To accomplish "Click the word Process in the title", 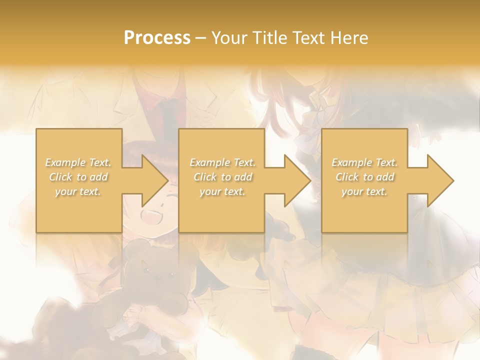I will pos(157,38).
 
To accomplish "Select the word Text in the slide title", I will pos(309,38).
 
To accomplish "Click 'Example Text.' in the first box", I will pos(78,162).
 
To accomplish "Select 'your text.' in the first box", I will pos(78,191).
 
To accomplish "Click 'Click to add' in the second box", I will pos(222,177).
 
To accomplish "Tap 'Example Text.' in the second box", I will pos(222,162).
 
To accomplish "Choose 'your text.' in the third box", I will pos(364,191).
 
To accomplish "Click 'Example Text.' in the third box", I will pos(364,162).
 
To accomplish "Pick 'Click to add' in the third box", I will pos(364,177).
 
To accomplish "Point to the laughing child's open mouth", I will pos(150,216).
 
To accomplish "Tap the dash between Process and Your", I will pos(201,38).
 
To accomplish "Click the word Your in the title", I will pos(229,38).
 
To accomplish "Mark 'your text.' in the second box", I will pos(222,191).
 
